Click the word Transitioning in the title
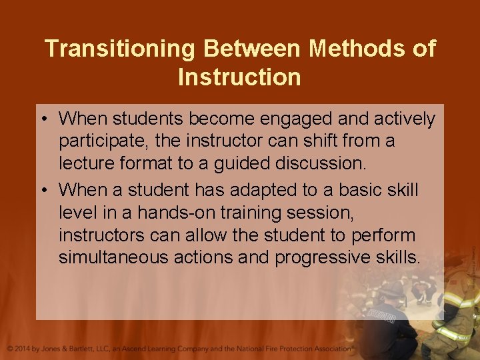pyautogui.click(x=119, y=49)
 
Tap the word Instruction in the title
pyautogui.click(x=239, y=77)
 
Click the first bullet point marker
pyautogui.click(x=49, y=119)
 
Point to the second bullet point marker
pyautogui.click(x=49, y=189)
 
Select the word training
pyautogui.click(x=265, y=213)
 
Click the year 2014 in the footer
pyautogui.click(x=25, y=349)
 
